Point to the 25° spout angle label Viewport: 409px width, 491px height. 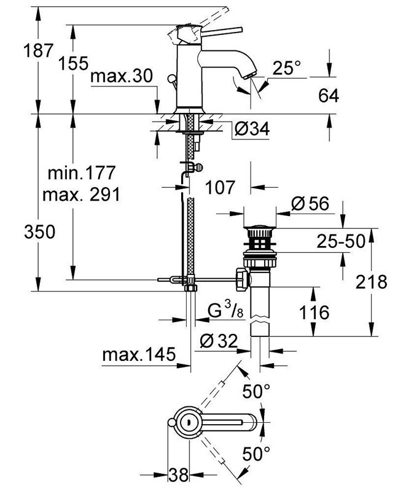(286, 69)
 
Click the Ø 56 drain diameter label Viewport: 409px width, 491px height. (311, 203)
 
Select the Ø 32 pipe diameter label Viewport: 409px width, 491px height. (220, 341)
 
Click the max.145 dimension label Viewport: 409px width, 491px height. (139, 355)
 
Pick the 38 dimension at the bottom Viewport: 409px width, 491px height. (179, 474)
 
